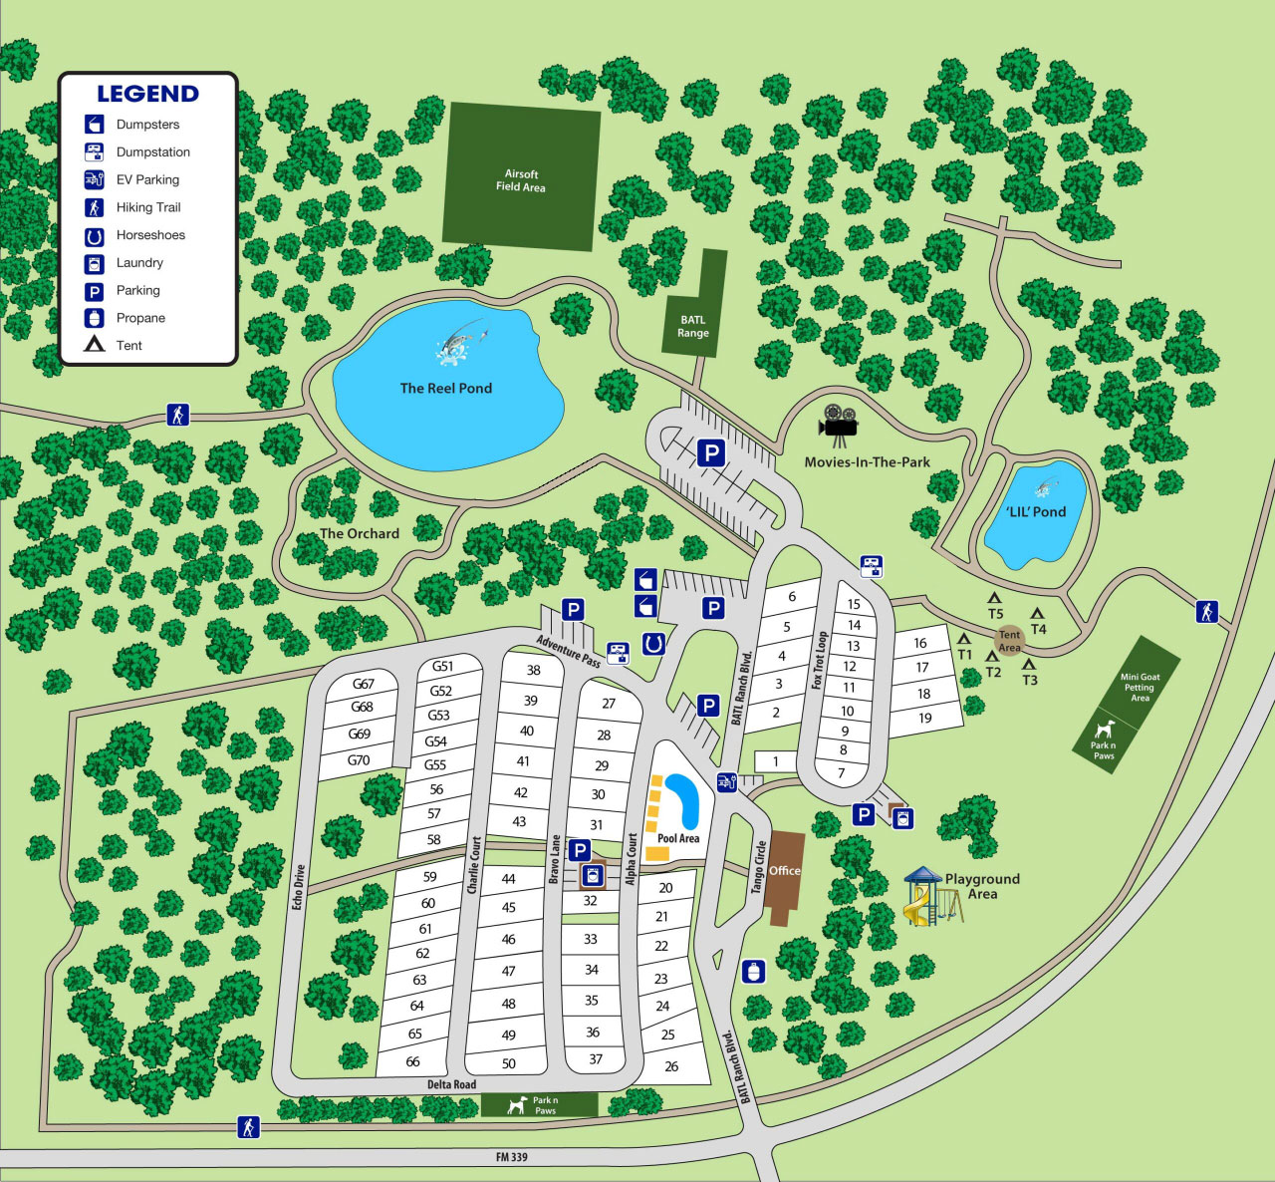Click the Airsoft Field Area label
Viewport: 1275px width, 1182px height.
pyautogui.click(x=520, y=180)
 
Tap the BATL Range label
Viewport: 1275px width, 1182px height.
pyautogui.click(x=693, y=327)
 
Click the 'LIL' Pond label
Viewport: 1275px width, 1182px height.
pyautogui.click(x=1036, y=512)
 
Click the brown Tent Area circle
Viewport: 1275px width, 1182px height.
pyautogui.click(x=1009, y=640)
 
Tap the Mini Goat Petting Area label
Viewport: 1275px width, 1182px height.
pyautogui.click(x=1140, y=687)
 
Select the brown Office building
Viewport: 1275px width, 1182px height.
pyautogui.click(x=786, y=878)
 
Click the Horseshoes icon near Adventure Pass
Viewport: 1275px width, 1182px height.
pyautogui.click(x=653, y=644)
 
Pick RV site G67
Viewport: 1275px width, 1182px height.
pyautogui.click(x=363, y=684)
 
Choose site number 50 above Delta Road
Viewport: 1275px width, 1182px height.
pyautogui.click(x=509, y=1063)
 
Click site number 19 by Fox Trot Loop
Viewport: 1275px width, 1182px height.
pyautogui.click(x=925, y=718)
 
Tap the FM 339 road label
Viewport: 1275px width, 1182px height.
pyautogui.click(x=511, y=1157)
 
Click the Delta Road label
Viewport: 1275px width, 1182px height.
pyautogui.click(x=451, y=1084)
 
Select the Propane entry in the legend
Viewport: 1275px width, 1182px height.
pyautogui.click(x=140, y=318)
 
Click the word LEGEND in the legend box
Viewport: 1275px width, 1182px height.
pyautogui.click(x=147, y=94)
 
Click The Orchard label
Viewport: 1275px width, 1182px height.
pyautogui.click(x=359, y=534)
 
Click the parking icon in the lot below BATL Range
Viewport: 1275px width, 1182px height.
pyautogui.click(x=710, y=453)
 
